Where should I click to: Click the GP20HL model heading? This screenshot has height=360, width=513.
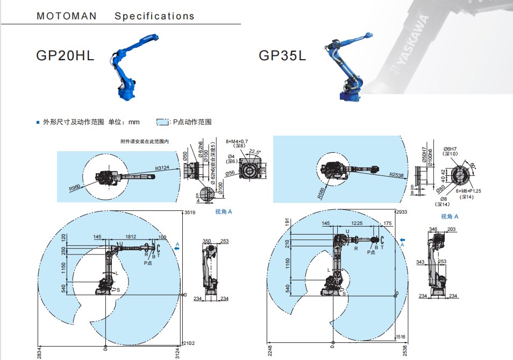point(65,55)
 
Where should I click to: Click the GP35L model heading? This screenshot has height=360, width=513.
point(282,55)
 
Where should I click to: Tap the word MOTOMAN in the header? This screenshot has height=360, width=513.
point(67,16)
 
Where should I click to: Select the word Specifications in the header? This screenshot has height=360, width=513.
point(154,16)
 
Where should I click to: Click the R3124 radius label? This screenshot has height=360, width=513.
point(163,168)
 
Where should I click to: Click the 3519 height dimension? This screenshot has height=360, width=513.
point(189,213)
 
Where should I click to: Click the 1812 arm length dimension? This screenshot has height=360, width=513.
point(130,237)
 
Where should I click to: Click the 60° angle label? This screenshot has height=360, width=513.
point(473,165)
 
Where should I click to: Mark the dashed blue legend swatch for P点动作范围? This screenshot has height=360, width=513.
point(162,122)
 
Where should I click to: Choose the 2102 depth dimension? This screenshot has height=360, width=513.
point(189,343)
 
